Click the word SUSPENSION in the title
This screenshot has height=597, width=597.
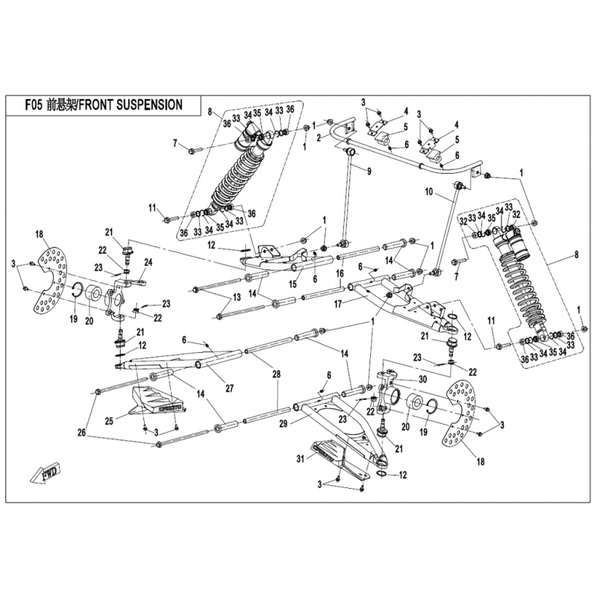tap(148, 104)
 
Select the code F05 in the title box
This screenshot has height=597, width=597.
tap(31, 104)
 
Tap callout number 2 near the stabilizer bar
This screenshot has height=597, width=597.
tap(319, 137)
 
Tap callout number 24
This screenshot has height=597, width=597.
tap(148, 262)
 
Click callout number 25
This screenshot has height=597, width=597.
tap(109, 422)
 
